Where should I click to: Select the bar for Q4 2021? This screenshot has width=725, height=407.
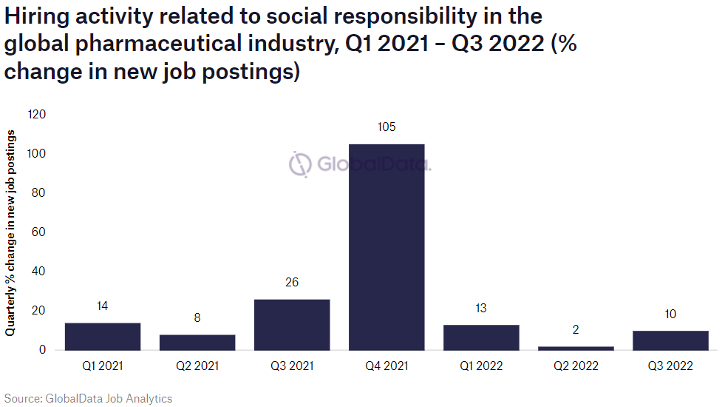tap(387, 246)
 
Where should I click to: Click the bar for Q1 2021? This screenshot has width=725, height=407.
tap(103, 336)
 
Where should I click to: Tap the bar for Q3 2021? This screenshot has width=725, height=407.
tap(292, 324)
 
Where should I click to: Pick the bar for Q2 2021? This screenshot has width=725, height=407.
tap(197, 342)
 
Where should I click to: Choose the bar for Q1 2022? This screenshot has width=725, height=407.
tap(481, 337)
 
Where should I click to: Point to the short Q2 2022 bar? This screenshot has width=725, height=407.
tap(576, 348)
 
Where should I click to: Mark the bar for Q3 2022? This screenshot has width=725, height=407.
tap(670, 340)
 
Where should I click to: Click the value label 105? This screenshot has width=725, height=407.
tap(387, 127)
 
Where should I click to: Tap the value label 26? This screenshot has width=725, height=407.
tap(292, 282)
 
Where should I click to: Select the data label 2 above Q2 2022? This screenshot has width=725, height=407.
tap(576, 329)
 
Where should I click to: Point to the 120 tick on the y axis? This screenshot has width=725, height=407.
tap(37, 115)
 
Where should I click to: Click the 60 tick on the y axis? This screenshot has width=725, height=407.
tap(40, 232)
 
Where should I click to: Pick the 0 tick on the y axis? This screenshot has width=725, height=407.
tap(43, 349)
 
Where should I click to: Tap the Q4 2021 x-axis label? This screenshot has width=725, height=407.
tap(387, 366)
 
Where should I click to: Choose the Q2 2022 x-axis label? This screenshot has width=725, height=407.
tap(576, 366)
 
